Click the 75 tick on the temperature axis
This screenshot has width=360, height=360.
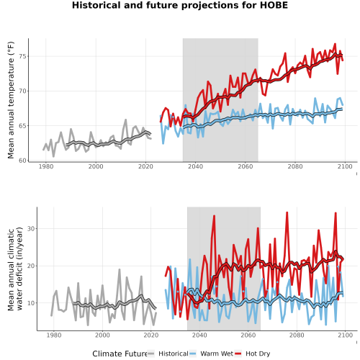click(22, 56)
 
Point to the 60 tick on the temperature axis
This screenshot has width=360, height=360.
click(22, 161)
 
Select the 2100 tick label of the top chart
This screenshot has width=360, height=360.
click(345, 166)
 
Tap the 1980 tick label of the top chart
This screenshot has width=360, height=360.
click(46, 166)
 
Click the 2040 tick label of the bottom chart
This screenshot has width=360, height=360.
click(199, 335)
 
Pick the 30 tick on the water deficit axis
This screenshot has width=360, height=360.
click(31, 229)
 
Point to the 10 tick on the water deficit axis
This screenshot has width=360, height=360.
click(31, 303)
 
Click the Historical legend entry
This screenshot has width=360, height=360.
click(168, 354)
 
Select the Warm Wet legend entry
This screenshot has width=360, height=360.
click(211, 354)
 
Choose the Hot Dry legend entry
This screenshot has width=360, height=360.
click(253, 354)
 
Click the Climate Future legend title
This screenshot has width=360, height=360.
click(120, 354)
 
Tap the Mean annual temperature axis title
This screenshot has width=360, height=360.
click(11, 100)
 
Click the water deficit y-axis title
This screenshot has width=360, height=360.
click(15, 269)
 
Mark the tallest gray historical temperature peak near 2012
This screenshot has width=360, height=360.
click(125, 120)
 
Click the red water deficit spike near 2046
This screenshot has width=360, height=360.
click(214, 216)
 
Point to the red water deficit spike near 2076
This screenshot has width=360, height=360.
click(287, 212)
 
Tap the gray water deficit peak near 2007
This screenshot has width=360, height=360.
click(120, 269)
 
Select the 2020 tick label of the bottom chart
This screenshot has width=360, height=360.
click(151, 335)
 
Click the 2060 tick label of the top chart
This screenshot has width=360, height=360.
click(246, 166)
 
